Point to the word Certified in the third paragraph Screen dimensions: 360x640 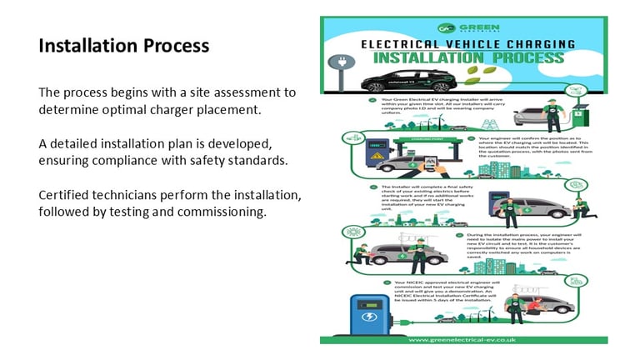(66, 195)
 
